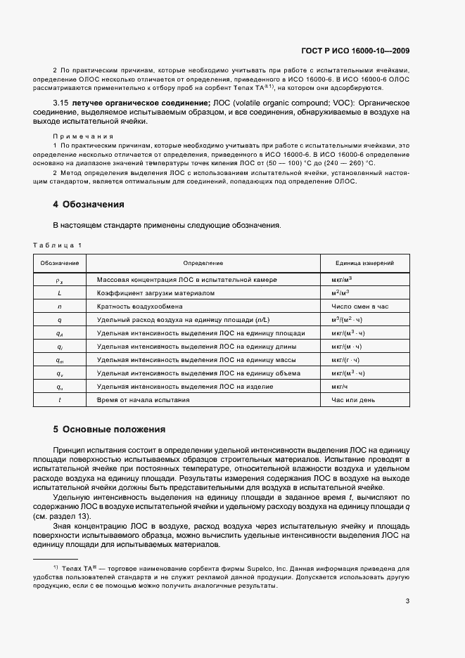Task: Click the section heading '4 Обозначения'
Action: point(89,205)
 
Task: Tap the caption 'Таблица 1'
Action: point(58,245)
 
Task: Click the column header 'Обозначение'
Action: point(60,263)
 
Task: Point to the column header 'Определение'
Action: point(203,263)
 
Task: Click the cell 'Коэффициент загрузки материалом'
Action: point(155,292)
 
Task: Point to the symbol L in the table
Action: point(60,292)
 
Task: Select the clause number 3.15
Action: point(61,103)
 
